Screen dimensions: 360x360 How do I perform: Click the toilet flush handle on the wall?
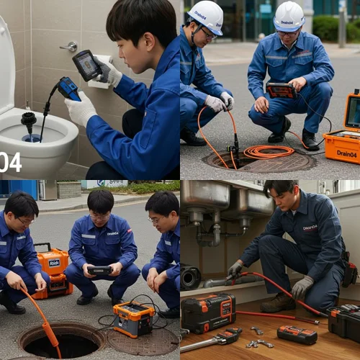click(x=70, y=47)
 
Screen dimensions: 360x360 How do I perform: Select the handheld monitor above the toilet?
click(x=88, y=65)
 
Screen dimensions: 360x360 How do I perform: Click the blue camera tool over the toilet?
click(x=68, y=89)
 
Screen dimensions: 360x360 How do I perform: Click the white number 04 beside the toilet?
click(x=10, y=161)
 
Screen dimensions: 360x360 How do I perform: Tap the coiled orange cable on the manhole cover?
click(x=268, y=151)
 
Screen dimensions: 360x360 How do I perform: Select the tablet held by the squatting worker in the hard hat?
click(x=281, y=91)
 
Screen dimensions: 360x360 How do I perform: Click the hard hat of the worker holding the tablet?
click(x=289, y=16)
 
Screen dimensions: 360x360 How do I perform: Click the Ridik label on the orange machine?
click(x=55, y=263)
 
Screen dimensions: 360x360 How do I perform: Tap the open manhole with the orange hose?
click(x=61, y=340)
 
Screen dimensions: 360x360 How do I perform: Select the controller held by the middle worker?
click(x=99, y=270)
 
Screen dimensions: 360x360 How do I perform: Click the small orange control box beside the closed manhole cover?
click(x=133, y=318)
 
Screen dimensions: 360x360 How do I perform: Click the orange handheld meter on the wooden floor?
click(x=297, y=334)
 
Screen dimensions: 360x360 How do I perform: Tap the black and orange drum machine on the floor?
click(x=207, y=312)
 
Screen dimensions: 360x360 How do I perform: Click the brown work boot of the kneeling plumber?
click(x=278, y=302)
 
